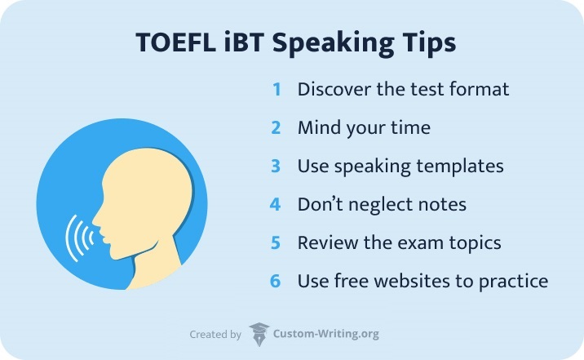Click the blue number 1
277,89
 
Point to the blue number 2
277,127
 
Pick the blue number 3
277,166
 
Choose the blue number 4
277,204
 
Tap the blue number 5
277,242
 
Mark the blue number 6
277,281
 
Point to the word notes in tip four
440,204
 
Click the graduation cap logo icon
259,333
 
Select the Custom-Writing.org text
326,334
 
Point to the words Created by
215,334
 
